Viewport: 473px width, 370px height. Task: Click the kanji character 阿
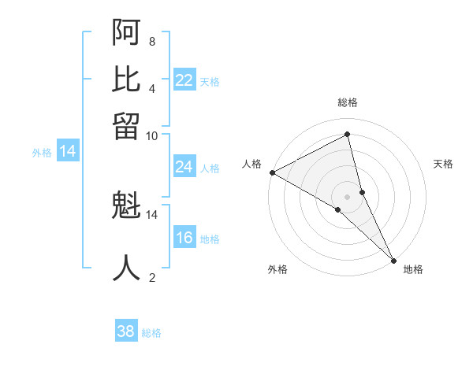tap(127, 33)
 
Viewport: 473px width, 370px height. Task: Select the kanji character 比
tap(127, 80)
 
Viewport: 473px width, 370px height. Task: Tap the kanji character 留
tap(127, 126)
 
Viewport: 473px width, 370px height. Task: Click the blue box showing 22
tap(184, 80)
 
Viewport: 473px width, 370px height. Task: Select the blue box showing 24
tap(184, 167)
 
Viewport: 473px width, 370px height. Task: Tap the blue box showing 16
tap(184, 239)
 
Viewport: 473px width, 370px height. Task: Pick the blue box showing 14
tap(68, 152)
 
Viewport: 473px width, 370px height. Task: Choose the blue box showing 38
tap(126, 331)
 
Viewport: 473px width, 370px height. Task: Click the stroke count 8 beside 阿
tap(151, 41)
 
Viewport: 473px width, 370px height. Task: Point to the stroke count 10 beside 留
tap(151, 135)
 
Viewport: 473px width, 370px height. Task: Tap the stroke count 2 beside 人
tap(151, 276)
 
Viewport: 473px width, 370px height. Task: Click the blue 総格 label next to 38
tap(151, 333)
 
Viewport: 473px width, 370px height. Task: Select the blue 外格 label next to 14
tap(42, 153)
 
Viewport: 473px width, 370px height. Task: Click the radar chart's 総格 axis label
tap(348, 102)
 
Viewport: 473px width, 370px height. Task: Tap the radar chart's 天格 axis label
tap(443, 164)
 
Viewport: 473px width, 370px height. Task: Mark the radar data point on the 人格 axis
tap(272, 172)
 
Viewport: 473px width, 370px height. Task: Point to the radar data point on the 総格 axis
tap(348, 135)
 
